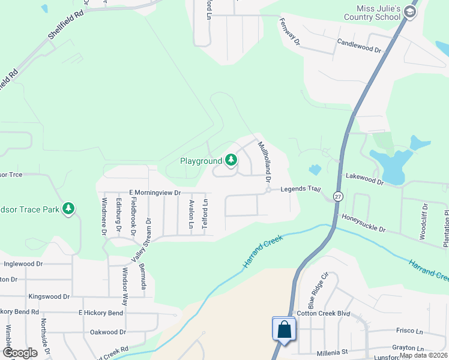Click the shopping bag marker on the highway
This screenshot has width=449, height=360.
tap(284, 329)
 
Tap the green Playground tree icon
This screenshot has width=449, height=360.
tap(231, 160)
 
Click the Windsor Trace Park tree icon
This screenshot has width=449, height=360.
tap(69, 208)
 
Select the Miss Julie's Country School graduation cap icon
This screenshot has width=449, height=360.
tap(410, 12)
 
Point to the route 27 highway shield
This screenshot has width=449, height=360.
tap(338, 197)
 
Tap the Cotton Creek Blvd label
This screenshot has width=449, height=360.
tap(323, 314)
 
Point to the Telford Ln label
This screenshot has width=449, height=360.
tap(205, 214)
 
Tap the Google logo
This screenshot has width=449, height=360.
tap(20, 353)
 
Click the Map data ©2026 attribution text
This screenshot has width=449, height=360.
tap(423, 355)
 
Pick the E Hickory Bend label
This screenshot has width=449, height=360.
tap(100, 313)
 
